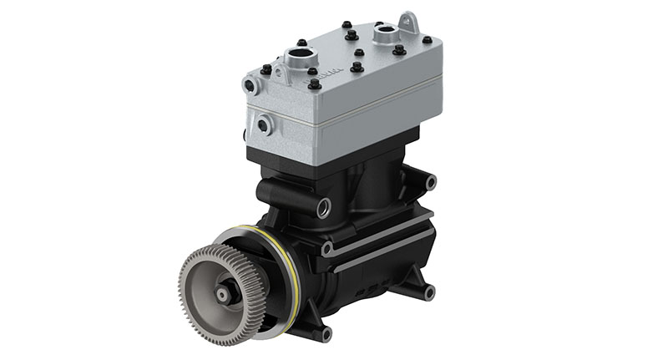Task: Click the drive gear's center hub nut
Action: (x=224, y=294)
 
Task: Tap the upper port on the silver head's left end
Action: (x=248, y=84)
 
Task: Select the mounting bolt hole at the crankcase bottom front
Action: (x=325, y=333)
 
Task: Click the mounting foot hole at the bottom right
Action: (x=429, y=292)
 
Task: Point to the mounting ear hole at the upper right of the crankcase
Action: (x=430, y=181)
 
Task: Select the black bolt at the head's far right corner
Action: (x=428, y=39)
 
